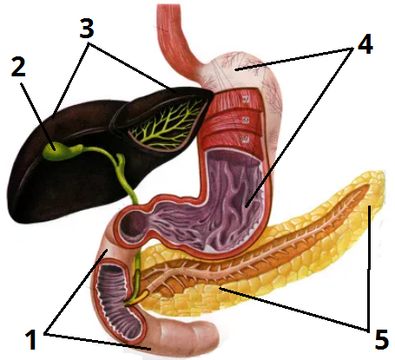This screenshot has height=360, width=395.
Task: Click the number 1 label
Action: coord(30,340)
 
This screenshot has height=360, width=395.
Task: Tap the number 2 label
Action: coord(18,67)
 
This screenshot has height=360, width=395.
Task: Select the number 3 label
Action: coord(87,29)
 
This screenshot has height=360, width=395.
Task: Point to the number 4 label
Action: coord(365,44)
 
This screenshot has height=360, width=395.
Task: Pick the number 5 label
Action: coord(381,340)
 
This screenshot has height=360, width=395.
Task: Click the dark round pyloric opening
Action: coord(133,224)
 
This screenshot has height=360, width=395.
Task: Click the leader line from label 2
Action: coord(37,116)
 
